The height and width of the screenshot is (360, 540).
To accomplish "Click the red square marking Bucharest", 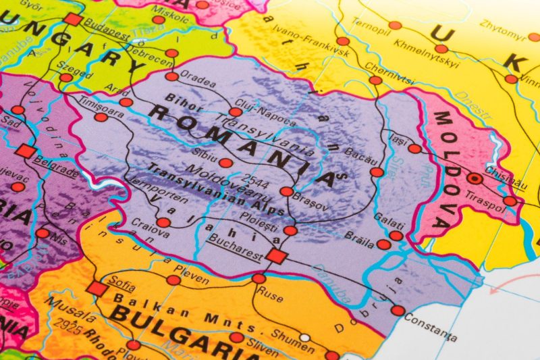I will tap(275, 255).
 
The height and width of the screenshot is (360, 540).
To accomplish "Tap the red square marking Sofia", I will tap(98, 289).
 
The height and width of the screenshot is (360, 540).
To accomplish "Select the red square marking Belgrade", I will tap(26, 151).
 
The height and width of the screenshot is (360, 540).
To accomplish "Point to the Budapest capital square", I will tap(73, 19).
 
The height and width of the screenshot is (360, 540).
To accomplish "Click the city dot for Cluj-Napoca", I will tap(234, 112).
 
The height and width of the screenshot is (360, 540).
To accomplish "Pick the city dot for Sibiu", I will tap(225, 163).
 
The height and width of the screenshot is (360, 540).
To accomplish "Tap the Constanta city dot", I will tap(398, 311).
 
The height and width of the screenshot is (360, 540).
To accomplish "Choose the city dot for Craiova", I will tap(163, 222).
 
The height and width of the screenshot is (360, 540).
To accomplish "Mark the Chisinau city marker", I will tap(476, 179).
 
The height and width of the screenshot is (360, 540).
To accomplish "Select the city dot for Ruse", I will tap(259, 278).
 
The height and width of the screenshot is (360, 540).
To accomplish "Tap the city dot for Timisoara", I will tap(101, 117).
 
